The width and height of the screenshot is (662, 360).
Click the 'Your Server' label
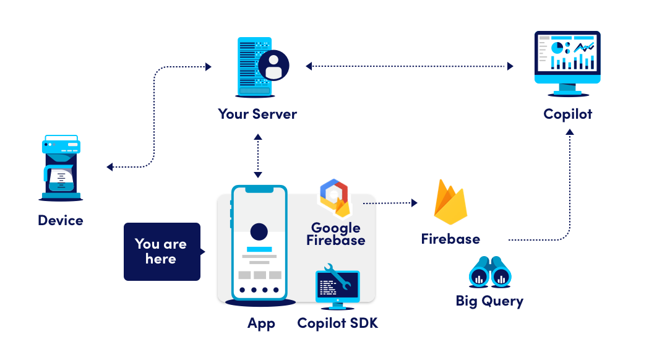tap(257, 114)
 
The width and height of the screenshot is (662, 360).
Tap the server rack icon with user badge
tap(262, 67)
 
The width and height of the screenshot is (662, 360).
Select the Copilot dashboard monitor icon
tap(567, 62)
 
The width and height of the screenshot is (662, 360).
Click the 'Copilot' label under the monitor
tap(568, 114)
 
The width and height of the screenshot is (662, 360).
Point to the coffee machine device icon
tap(61, 168)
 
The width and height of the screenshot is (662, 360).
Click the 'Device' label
tap(61, 220)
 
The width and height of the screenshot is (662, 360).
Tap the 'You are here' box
tap(161, 251)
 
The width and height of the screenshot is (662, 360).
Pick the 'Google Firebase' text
tap(335, 234)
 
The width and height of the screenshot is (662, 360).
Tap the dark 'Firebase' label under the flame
tap(450, 239)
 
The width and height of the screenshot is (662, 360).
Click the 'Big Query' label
tap(489, 301)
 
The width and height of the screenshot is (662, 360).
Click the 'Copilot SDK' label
tap(337, 323)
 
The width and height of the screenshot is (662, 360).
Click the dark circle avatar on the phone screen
tap(259, 232)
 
